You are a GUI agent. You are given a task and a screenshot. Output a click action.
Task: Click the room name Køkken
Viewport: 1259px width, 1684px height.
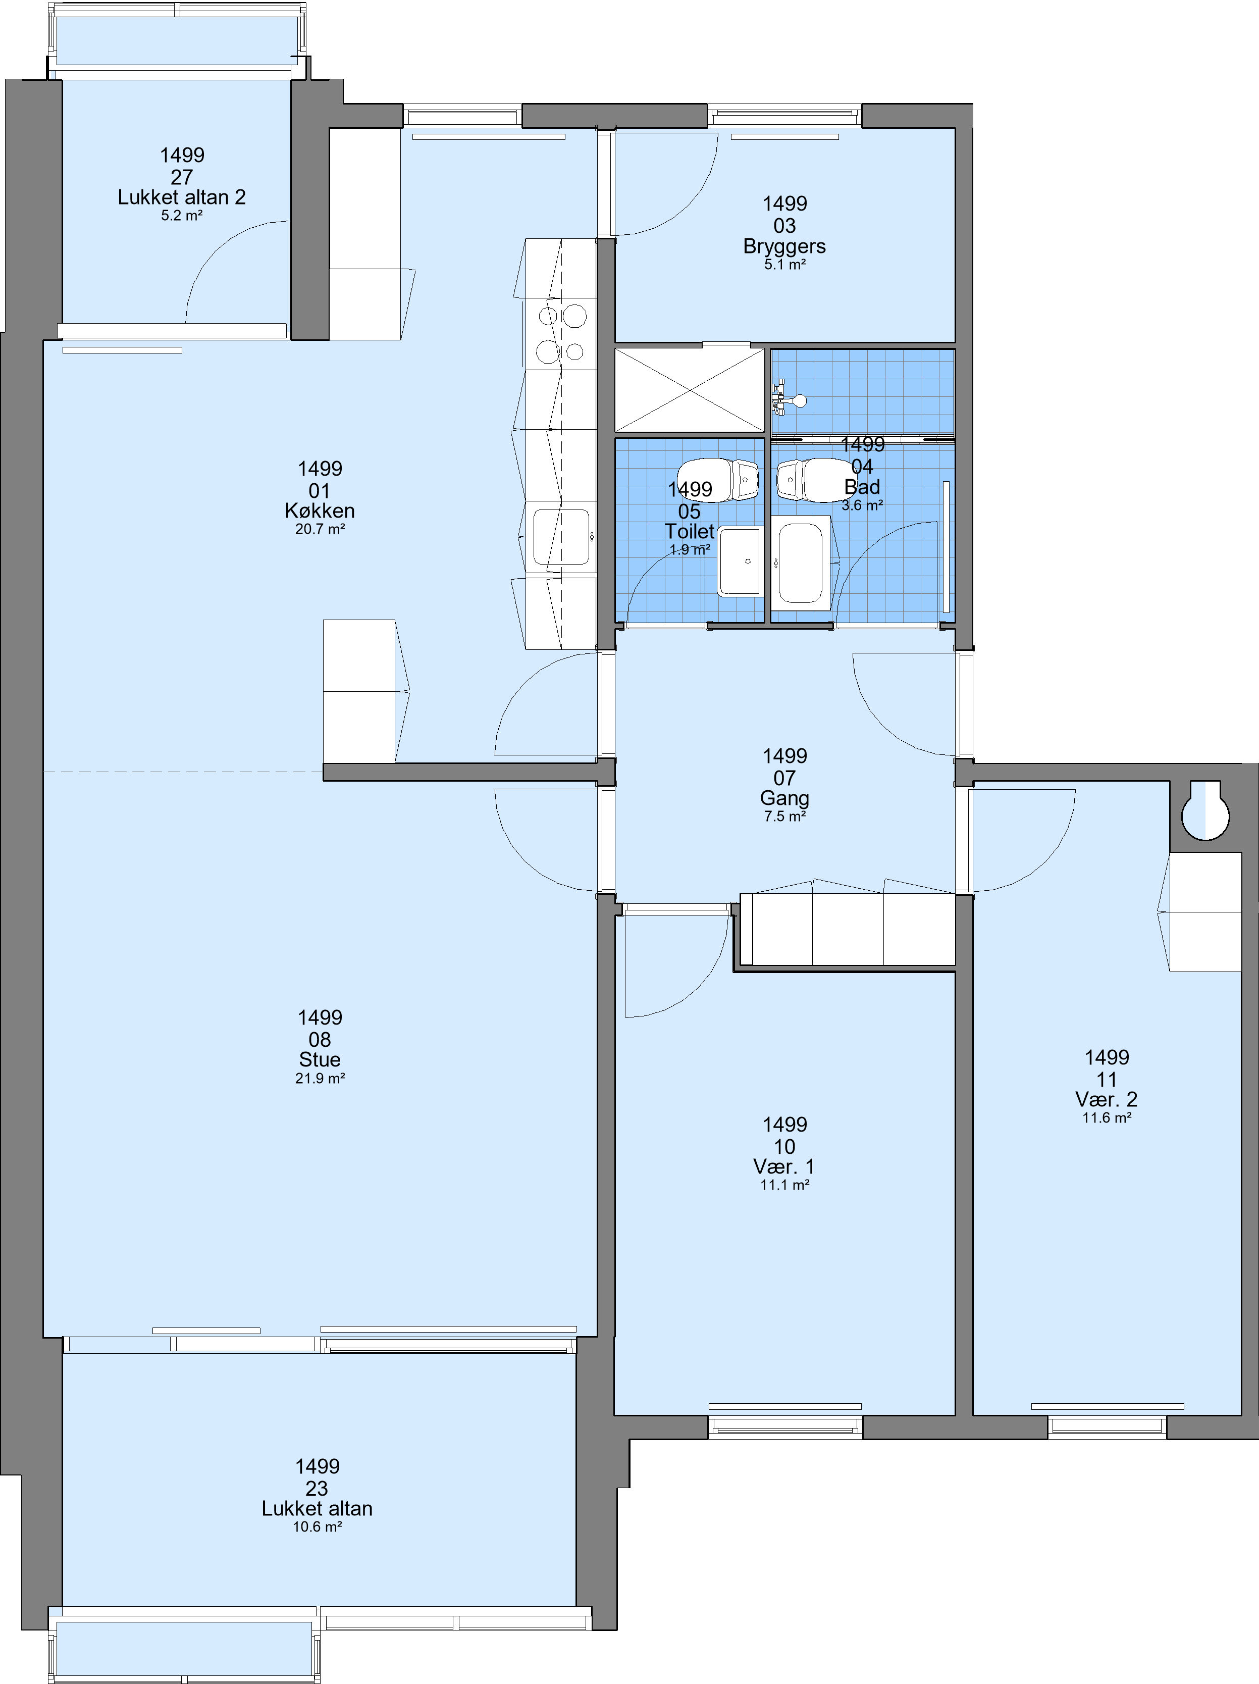[320, 511]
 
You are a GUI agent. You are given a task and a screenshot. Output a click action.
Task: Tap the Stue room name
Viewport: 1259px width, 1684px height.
[320, 1060]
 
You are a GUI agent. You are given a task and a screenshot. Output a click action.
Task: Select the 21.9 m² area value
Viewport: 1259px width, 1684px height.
[320, 1078]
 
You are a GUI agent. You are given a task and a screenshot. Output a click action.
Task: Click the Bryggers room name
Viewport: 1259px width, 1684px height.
[785, 246]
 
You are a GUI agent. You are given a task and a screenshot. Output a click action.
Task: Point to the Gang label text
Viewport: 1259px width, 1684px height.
[785, 799]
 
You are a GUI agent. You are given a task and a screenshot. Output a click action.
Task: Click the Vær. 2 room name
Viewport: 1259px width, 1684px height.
[1107, 1099]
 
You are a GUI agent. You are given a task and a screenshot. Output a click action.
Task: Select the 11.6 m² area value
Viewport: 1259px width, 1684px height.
[1107, 1117]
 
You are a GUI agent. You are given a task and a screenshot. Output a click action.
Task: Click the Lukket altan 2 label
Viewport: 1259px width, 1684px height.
[182, 197]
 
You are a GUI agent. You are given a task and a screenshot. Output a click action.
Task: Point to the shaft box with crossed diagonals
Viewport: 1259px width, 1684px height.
[690, 390]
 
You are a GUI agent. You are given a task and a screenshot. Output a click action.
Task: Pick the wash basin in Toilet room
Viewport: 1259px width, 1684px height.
[740, 561]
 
